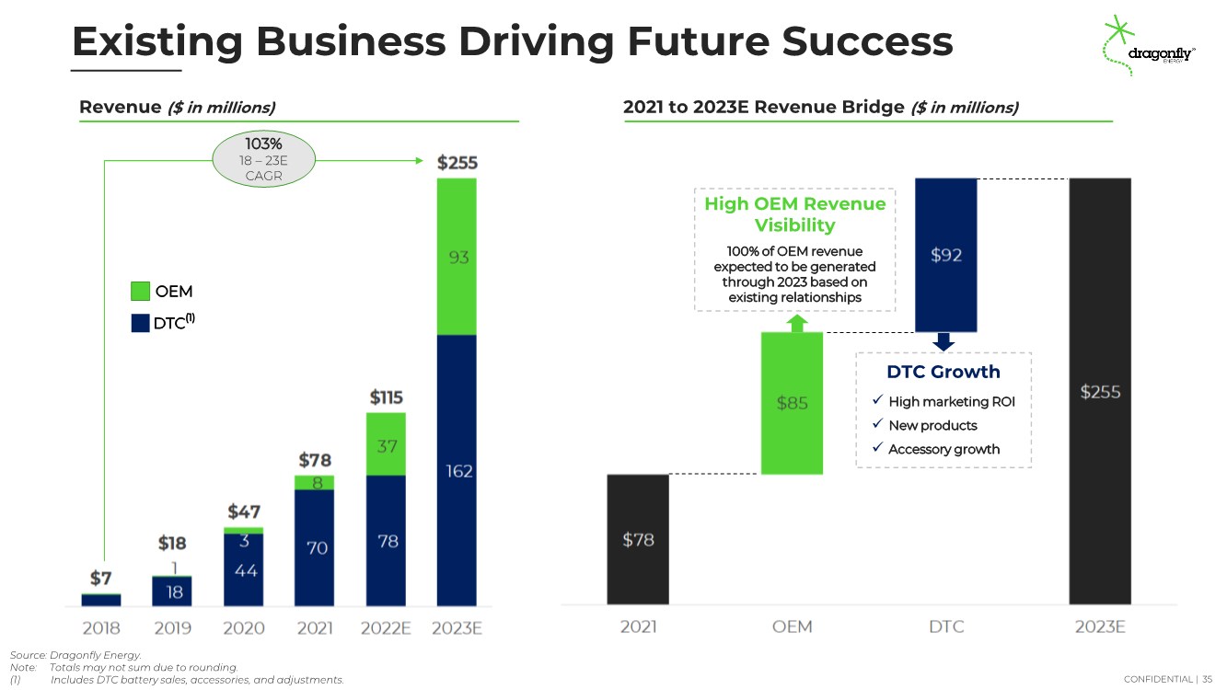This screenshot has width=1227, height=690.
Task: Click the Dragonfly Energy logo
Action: tap(1148, 46)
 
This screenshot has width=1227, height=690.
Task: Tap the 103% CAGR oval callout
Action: tap(263, 159)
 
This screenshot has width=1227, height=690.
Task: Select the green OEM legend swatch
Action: tap(140, 291)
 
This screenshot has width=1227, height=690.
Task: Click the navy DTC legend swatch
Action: tap(140, 323)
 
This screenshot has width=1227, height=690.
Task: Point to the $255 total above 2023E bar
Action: tap(457, 163)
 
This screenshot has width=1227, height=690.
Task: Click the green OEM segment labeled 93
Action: tap(457, 257)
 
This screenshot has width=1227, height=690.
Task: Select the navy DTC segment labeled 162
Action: tap(457, 470)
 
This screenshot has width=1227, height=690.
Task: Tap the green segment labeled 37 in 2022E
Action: tap(386, 444)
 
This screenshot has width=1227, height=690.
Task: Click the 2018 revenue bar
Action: tap(101, 600)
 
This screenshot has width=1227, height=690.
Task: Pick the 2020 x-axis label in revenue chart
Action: tap(244, 627)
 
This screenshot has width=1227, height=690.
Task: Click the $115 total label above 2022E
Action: tap(386, 397)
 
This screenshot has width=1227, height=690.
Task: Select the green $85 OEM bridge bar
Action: tap(792, 403)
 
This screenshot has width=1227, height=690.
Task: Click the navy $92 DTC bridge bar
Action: tap(946, 255)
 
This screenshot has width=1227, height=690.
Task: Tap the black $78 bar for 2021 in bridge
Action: tap(638, 539)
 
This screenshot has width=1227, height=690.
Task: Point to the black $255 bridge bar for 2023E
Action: tap(1100, 391)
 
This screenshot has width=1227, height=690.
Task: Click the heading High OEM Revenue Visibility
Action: tap(794, 214)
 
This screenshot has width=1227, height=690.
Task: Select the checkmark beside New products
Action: tap(877, 424)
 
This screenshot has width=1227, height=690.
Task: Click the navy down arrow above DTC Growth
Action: tap(943, 341)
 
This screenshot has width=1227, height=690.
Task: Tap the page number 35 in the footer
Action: tap(1208, 679)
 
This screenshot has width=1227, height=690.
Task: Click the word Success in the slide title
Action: tap(867, 41)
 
